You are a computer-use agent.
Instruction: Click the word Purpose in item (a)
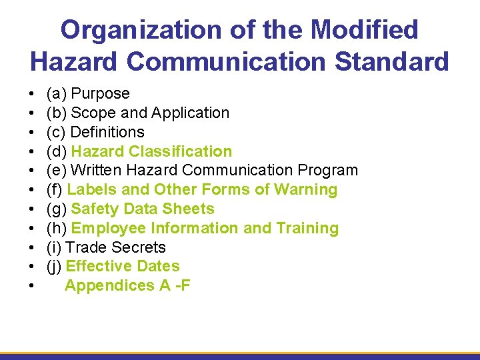[100, 94]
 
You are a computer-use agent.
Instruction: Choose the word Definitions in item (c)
[107, 132]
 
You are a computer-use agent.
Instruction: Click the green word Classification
[180, 151]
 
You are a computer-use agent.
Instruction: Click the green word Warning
[307, 190]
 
